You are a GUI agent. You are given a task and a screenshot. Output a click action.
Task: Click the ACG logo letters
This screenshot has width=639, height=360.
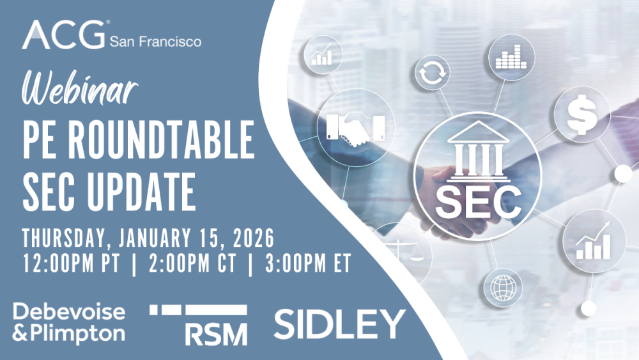[63, 35]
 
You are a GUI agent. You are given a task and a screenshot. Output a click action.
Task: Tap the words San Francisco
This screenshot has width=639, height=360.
[156, 41]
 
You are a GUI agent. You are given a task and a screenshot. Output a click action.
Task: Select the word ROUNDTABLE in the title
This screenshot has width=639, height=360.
[160, 140]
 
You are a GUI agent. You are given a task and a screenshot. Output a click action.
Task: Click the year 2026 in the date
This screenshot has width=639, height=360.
[254, 238]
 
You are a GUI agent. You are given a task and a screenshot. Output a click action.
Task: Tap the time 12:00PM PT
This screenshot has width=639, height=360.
[72, 263]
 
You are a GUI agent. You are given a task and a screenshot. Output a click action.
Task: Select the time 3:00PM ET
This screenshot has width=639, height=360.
[308, 263]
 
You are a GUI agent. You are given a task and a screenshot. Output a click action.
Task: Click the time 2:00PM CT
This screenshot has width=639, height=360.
[192, 263]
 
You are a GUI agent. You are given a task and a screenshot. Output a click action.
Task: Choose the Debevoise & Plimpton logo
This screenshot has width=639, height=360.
[69, 324]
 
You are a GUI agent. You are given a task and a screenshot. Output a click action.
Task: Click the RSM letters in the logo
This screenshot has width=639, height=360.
[217, 334]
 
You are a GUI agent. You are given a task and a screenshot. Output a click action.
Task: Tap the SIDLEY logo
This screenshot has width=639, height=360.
[340, 324]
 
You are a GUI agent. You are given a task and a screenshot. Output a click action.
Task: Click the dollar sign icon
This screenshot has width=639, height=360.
[582, 114]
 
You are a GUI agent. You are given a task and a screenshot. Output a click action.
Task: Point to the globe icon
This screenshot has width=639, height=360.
[504, 288]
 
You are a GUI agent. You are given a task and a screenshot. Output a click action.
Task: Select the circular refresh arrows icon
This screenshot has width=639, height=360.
[433, 74]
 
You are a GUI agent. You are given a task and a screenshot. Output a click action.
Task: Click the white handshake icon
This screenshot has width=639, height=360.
[356, 129]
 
